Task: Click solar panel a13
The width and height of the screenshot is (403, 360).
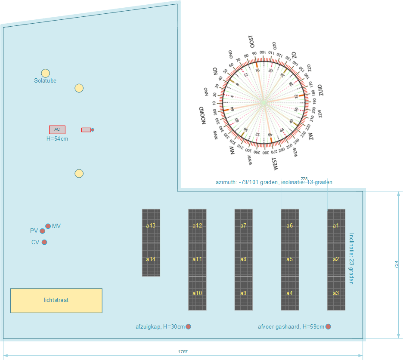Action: pyautogui.click(x=151, y=225)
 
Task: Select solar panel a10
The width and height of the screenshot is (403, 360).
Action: pyautogui.click(x=197, y=293)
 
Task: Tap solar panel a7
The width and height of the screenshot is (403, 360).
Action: pyautogui.click(x=243, y=225)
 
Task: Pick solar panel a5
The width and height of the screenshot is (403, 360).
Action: pyautogui.click(x=290, y=259)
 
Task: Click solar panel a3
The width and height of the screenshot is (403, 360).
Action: pyautogui.click(x=336, y=293)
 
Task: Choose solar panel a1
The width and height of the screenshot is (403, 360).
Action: pyautogui.click(x=336, y=225)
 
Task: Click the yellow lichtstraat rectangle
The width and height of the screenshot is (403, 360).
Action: pyautogui.click(x=56, y=300)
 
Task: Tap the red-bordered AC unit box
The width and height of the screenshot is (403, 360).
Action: pyautogui.click(x=57, y=129)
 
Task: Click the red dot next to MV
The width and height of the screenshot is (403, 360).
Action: pyautogui.click(x=48, y=226)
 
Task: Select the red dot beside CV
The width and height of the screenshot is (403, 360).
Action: pyautogui.click(x=44, y=242)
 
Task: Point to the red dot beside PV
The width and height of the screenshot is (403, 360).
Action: pyautogui.click(x=42, y=231)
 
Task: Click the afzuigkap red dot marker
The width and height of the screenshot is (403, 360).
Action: pyautogui.click(x=188, y=327)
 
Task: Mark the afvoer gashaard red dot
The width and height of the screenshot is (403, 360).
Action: pyautogui.click(x=329, y=327)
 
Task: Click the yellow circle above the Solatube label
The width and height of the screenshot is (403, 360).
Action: pyautogui.click(x=45, y=74)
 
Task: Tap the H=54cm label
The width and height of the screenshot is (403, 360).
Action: pyautogui.click(x=57, y=139)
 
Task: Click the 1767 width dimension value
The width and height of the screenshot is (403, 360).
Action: pyautogui.click(x=183, y=352)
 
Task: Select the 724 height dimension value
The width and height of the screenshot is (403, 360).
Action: pyautogui.click(x=397, y=265)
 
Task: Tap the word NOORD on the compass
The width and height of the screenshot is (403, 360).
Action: pyautogui.click(x=205, y=116)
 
